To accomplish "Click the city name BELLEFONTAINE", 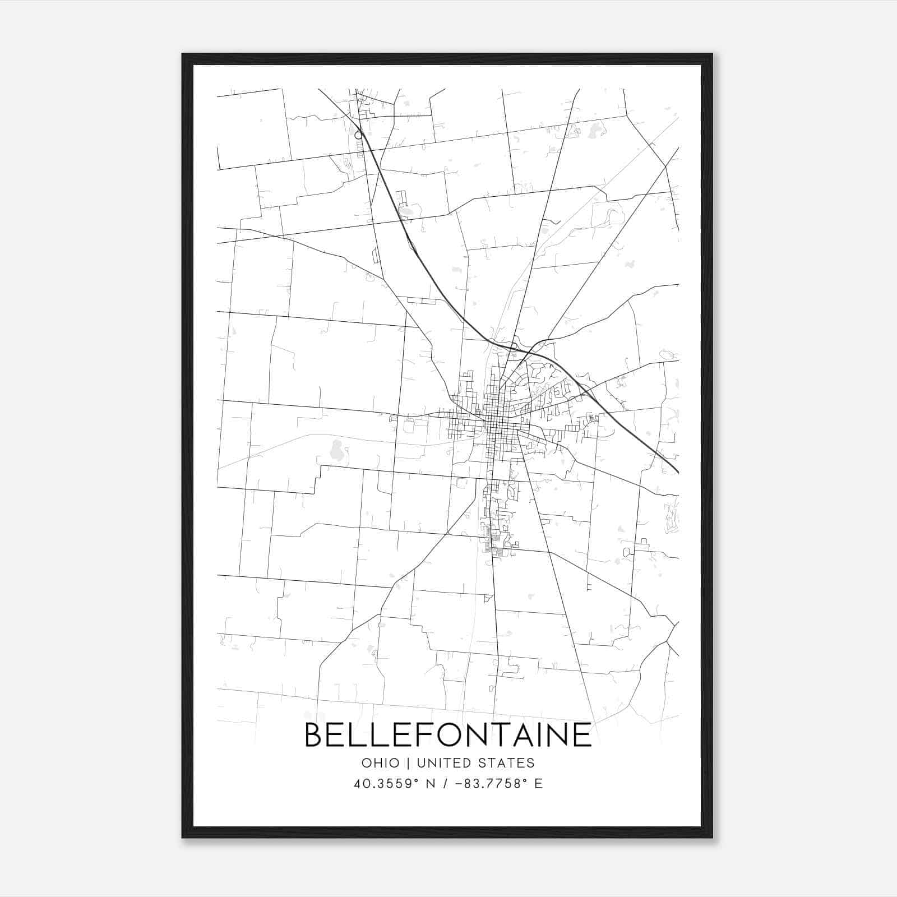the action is coord(448,735).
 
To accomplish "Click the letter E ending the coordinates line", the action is coord(538,784).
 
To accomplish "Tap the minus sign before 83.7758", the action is coord(460,784).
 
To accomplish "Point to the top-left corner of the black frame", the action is coord(183,54).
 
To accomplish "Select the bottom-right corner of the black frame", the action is coord(712,837).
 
